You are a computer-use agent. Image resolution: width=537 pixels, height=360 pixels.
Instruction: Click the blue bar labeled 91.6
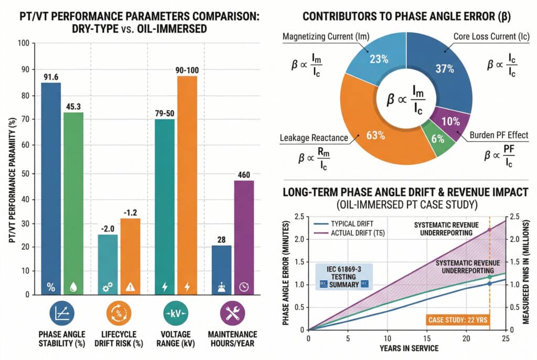pos(51,189)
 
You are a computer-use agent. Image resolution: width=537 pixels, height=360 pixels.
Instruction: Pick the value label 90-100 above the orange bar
pos(187,70)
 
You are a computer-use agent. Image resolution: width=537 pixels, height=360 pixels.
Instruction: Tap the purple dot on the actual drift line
pos(489,230)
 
